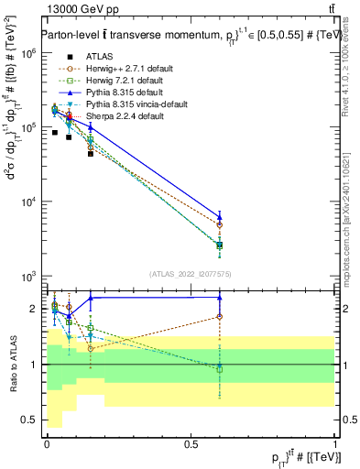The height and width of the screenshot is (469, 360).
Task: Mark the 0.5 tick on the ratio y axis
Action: [30, 420]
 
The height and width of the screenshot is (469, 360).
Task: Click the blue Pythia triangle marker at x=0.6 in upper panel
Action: [219, 217]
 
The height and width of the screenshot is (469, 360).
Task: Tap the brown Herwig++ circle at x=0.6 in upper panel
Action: [219, 224]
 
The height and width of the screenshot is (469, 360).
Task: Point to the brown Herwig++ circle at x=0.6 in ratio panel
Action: [219, 317]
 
